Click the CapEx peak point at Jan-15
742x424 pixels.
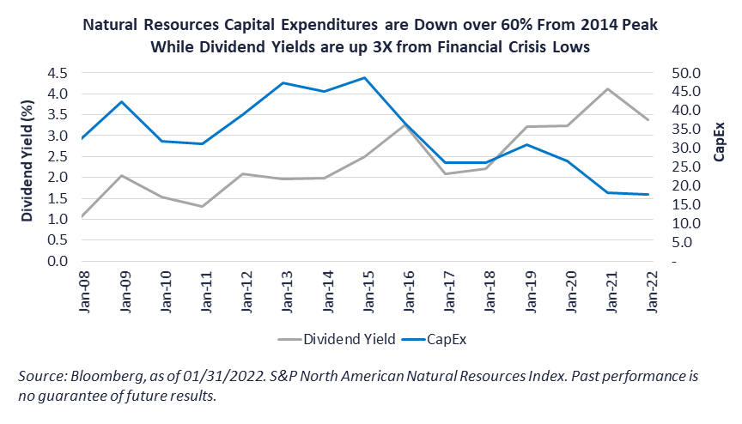point(365,78)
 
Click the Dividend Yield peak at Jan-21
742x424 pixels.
point(608,89)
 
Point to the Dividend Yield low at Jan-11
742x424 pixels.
point(203,206)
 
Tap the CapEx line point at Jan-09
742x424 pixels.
point(122,102)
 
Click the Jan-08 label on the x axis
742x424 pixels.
point(82,292)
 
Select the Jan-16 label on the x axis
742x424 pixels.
point(406,292)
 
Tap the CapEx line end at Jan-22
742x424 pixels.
point(648,195)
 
